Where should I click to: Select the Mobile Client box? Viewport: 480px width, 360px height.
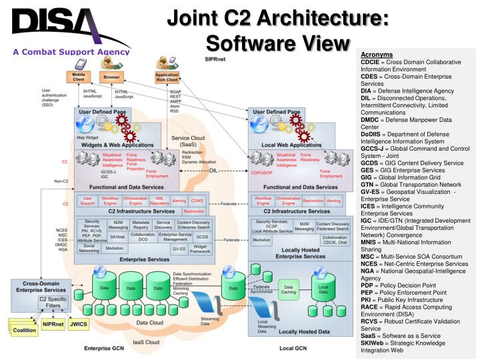pos(78,77)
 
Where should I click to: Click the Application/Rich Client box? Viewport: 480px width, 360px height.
pos(167,77)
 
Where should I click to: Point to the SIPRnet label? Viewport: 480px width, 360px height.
pos(215,59)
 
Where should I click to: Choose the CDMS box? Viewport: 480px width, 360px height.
pos(197,199)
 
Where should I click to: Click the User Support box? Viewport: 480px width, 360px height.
pos(88,199)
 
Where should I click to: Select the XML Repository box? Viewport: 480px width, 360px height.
pos(159,199)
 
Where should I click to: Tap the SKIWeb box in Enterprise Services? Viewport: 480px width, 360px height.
pos(117,236)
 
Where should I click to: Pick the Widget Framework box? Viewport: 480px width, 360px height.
pos(199,248)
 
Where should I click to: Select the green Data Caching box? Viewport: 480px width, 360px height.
pos(289,291)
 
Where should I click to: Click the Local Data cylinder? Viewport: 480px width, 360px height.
pos(323,291)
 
